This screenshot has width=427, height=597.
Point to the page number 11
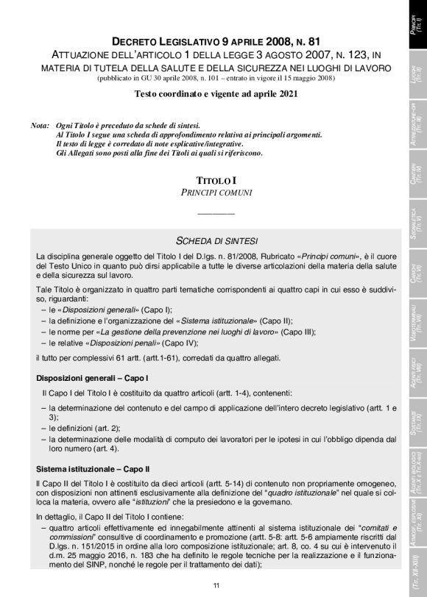[216, 585]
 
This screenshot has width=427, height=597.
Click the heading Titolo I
[216, 180]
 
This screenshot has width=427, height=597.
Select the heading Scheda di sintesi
[216, 240]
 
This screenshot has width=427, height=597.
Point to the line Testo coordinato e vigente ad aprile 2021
[216, 94]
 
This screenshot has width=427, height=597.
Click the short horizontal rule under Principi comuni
[216, 213]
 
